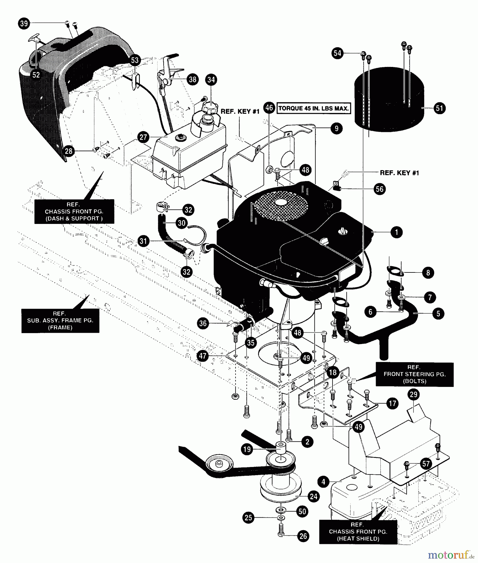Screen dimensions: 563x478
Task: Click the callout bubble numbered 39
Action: click(24, 23)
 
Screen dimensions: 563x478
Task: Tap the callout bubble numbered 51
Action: click(440, 108)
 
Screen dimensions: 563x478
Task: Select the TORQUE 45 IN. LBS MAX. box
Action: click(313, 109)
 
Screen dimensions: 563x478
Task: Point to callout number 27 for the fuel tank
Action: click(143, 137)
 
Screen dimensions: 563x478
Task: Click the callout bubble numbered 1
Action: click(397, 232)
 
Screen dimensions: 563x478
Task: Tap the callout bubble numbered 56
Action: click(380, 189)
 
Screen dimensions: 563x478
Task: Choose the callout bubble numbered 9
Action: click(336, 128)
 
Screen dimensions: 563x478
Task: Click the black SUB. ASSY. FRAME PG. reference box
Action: click(60, 321)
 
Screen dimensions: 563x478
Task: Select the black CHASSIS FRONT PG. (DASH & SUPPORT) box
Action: click(74, 211)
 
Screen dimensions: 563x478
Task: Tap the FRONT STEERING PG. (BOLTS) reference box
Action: click(414, 374)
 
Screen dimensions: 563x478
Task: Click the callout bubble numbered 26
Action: click(303, 536)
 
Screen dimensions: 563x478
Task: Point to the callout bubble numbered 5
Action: click(438, 313)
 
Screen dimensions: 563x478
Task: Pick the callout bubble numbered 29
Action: click(414, 394)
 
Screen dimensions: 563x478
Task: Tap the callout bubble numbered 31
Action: click(143, 241)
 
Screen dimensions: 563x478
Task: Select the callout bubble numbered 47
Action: click(203, 356)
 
